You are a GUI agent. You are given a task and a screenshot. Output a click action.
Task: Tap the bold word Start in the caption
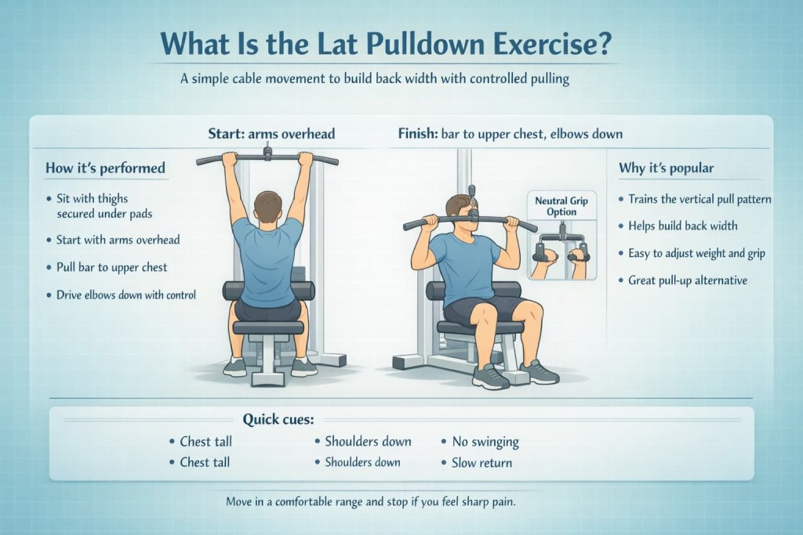click(227, 134)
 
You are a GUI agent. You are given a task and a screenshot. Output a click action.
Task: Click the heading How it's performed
click(106, 168)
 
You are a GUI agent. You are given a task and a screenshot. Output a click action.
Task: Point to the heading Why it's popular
click(667, 168)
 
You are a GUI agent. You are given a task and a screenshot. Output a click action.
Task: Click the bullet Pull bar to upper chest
click(111, 267)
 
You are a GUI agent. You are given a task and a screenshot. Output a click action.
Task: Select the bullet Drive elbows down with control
click(125, 295)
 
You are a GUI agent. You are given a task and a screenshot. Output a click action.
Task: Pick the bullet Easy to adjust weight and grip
click(696, 252)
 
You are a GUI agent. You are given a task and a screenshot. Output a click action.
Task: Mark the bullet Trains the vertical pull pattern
click(699, 199)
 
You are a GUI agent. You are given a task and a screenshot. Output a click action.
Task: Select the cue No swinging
click(485, 442)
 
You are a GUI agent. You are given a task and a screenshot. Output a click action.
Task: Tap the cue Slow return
click(481, 462)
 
